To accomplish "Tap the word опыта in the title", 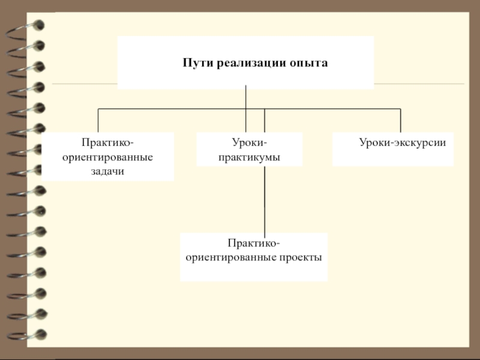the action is [308, 62].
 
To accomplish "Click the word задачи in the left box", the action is [108, 172].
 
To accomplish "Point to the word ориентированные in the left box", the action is [108, 157].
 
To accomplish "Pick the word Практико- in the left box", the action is [108, 143].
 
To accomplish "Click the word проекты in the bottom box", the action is [300, 257].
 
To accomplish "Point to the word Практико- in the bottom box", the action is [254, 243].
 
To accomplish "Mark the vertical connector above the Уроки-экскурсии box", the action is [400, 120].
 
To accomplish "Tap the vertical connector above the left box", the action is [98, 120].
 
